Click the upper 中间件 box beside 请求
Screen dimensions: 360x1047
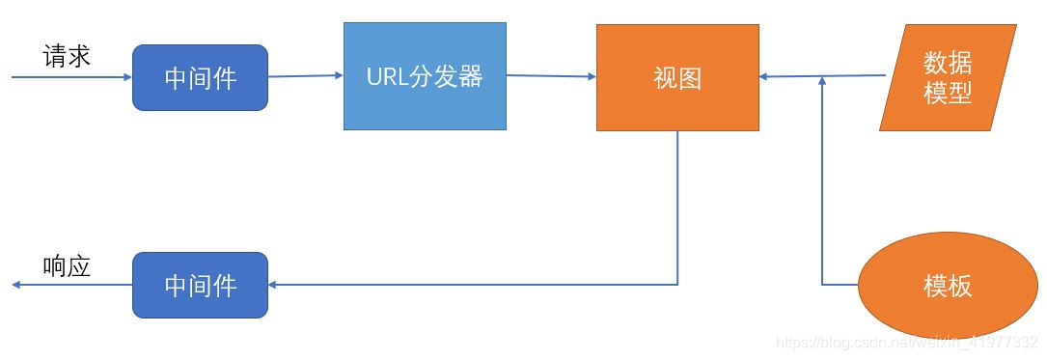pos(200,78)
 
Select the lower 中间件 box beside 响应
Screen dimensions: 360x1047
pos(200,285)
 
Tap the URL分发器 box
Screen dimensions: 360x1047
pos(425,76)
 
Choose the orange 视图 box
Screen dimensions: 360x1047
pos(677,77)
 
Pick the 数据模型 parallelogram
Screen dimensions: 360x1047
pos(948,77)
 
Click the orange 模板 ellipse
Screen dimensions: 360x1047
pos(948,286)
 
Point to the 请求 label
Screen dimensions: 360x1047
pos(67,57)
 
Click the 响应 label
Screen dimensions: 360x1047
pos(67,266)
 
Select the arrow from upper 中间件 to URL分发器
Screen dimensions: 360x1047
pos(305,75)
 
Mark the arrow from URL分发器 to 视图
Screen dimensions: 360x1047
pos(550,75)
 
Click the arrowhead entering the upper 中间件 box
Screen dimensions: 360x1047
pos(126,78)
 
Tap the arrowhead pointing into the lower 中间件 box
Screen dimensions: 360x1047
pos(273,285)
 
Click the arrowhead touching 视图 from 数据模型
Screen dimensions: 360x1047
pos(765,76)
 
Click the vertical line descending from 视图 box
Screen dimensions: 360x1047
pos(677,208)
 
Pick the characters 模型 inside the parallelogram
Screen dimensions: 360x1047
pos(948,94)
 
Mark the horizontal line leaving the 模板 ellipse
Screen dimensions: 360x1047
pos(840,285)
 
